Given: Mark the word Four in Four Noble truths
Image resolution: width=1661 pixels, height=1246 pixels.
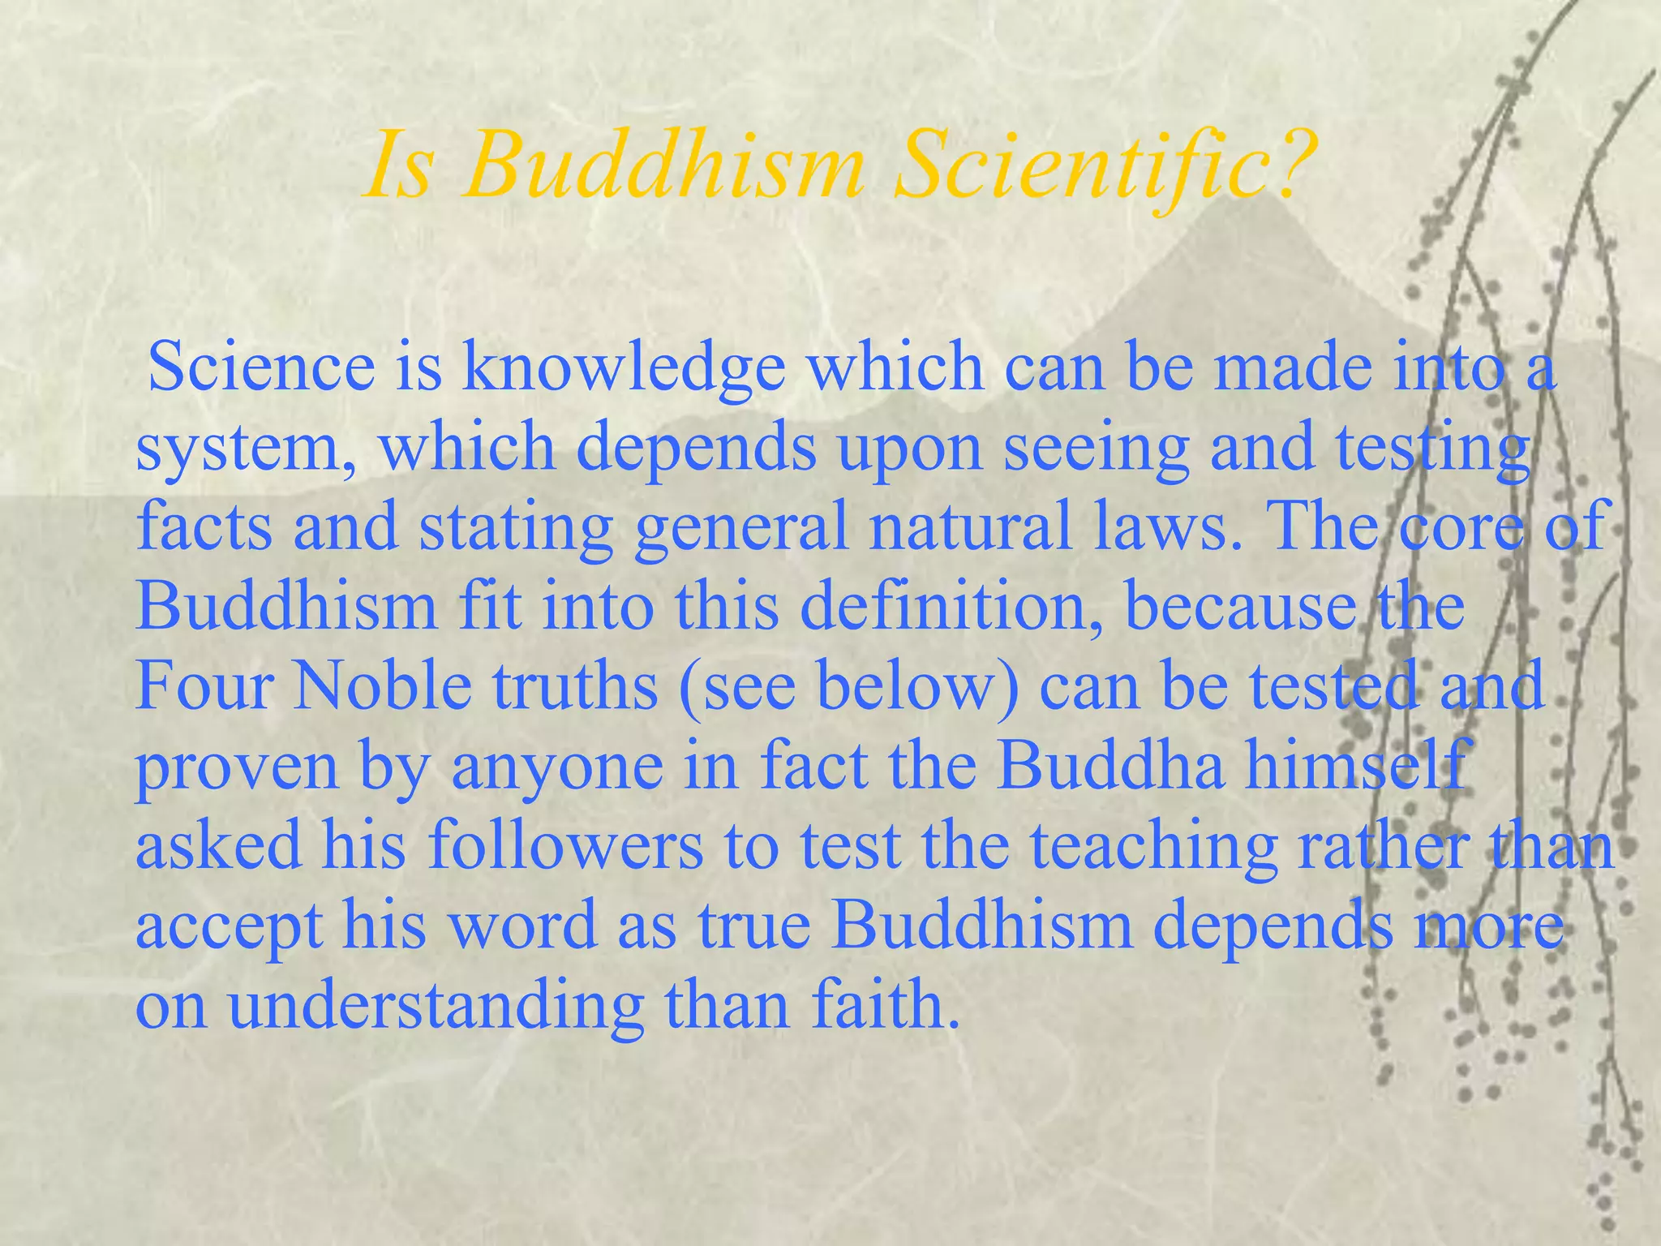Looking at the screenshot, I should coord(203,685).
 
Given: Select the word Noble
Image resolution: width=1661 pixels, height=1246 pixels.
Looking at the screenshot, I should coord(382,685).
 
